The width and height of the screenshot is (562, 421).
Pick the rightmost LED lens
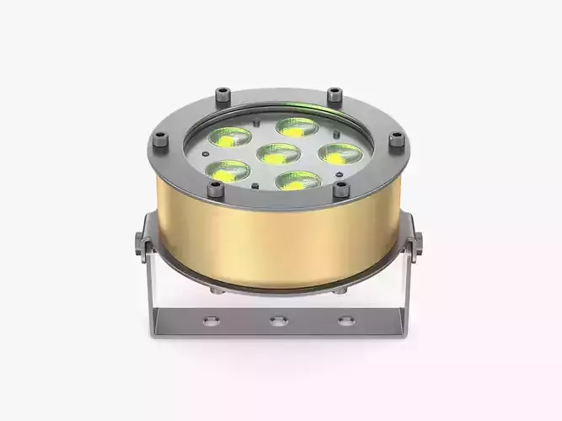335,153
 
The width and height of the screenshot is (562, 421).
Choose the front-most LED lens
297,179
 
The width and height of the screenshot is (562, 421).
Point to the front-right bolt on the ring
341,190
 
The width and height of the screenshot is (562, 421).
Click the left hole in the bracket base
210,320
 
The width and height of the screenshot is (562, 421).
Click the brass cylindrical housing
278,244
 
